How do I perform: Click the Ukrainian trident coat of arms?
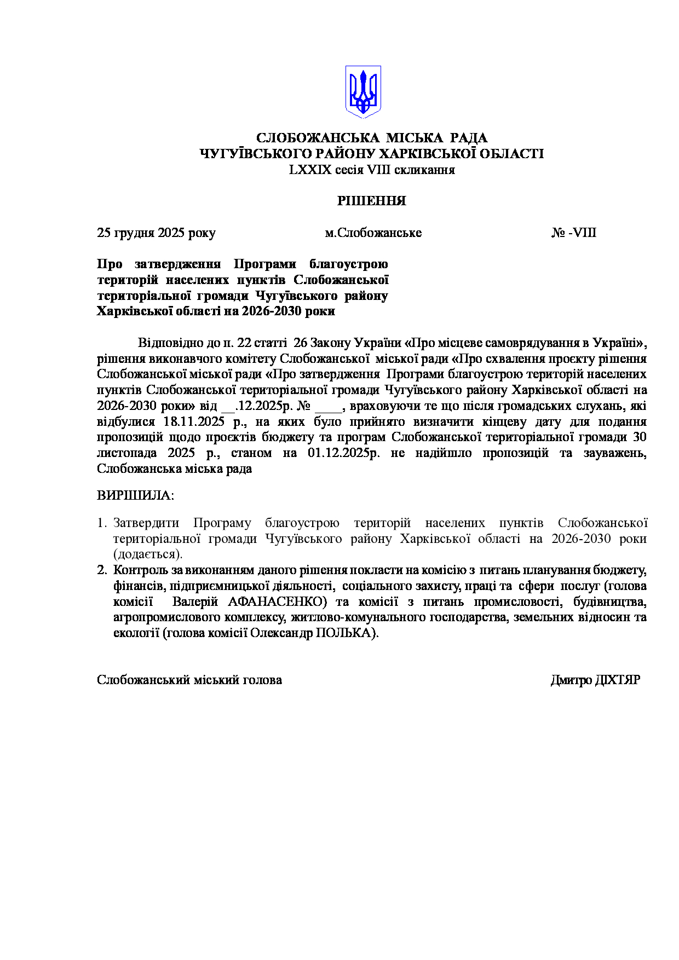click(x=362, y=92)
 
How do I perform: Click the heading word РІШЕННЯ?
click(x=371, y=201)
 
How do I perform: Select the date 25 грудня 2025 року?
click(x=156, y=233)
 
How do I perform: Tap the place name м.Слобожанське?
click(x=373, y=233)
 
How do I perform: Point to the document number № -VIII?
click(x=573, y=233)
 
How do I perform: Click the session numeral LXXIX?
click(x=310, y=170)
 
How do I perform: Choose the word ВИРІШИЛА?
click(x=135, y=496)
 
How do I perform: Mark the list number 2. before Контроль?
click(x=102, y=570)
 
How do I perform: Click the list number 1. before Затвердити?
click(x=102, y=523)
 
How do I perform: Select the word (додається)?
click(x=148, y=554)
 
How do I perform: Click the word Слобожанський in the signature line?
click(x=143, y=680)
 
